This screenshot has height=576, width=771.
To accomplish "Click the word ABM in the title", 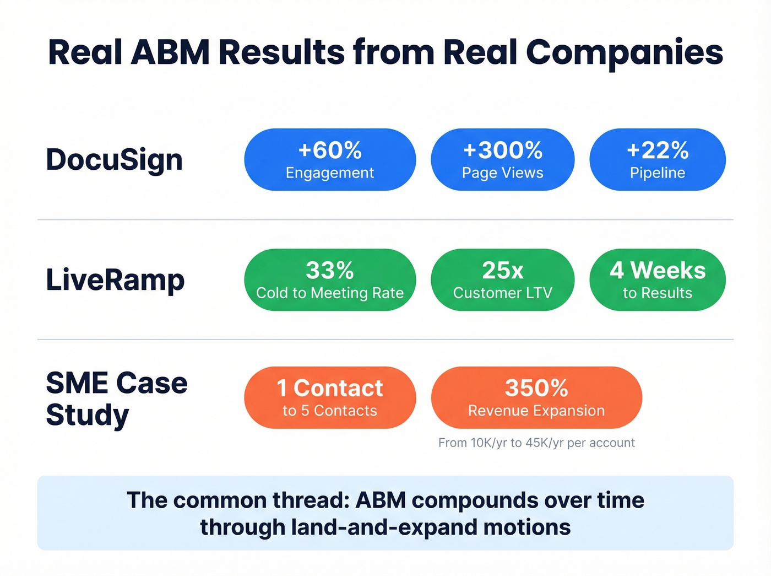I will tap(171, 52).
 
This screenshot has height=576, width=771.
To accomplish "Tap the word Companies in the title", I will tap(624, 52).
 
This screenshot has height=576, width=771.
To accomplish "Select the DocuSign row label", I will tap(114, 160).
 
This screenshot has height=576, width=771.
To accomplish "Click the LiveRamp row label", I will tap(115, 280).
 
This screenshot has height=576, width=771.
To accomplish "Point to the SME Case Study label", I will tap(116, 399).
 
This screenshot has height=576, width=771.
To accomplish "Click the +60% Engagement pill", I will tap(330, 160).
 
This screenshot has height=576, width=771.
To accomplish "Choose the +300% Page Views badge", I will tap(502, 160).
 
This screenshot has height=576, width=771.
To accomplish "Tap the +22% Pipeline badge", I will tap(657, 160).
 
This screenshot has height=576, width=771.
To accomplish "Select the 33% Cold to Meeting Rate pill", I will tap(330, 280).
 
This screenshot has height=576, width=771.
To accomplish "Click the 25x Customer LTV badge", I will tap(502, 280).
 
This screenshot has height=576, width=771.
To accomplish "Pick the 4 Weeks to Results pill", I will tap(657, 280).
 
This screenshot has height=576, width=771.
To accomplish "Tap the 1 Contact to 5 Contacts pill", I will tap(330, 398).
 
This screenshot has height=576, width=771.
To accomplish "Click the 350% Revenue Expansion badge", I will tap(536, 398).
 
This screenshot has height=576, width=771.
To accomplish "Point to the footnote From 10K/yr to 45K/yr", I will tap(536, 443).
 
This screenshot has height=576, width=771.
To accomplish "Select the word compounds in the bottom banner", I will tap(475, 500).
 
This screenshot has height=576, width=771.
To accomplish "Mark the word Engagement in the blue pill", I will tap(330, 173).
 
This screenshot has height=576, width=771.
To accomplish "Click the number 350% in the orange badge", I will tap(536, 388).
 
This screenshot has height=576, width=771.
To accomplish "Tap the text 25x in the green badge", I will tap(502, 271).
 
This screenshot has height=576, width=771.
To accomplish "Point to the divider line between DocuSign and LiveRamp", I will tap(385, 220).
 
